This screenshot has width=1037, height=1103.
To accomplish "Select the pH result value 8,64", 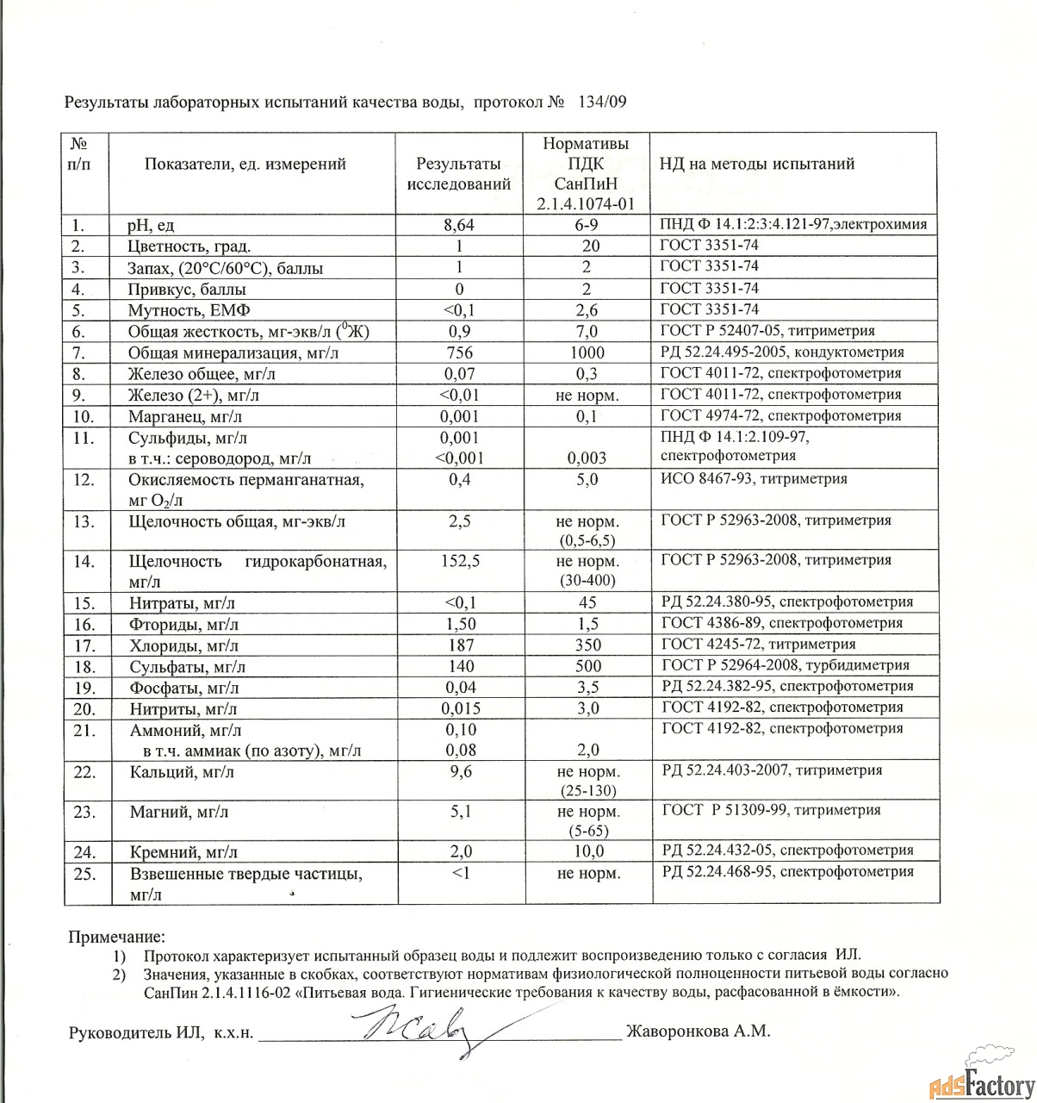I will [458, 225].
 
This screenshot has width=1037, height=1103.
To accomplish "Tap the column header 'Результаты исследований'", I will [458, 173].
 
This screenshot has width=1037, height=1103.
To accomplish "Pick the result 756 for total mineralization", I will [458, 352].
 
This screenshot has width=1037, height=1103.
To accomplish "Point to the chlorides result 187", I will [458, 645].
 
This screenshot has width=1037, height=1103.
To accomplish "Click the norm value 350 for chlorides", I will [588, 645].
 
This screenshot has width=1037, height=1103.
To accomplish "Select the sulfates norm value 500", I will [588, 666].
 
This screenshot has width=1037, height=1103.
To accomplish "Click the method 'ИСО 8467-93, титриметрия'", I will [753, 478].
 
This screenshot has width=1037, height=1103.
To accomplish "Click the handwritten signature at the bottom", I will [422, 1030].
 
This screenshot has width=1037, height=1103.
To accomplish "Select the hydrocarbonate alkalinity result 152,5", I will [460, 561].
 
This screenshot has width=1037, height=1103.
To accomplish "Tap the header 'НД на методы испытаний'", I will [757, 164].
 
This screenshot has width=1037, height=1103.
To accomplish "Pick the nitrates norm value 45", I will [588, 602].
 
